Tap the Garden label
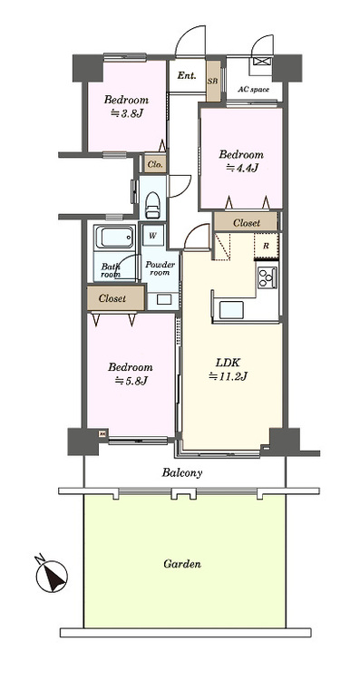coord(182,564)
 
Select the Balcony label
coord(182,473)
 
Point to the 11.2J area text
coord(229,376)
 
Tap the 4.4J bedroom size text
coord(241,168)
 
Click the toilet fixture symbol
coord(153,201)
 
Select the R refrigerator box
coord(266,246)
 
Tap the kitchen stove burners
coord(268,278)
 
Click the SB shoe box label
coord(212,81)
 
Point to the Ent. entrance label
coord(187,75)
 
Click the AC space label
coord(253,90)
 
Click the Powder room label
coord(160,268)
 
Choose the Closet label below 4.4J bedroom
coord(247,222)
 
